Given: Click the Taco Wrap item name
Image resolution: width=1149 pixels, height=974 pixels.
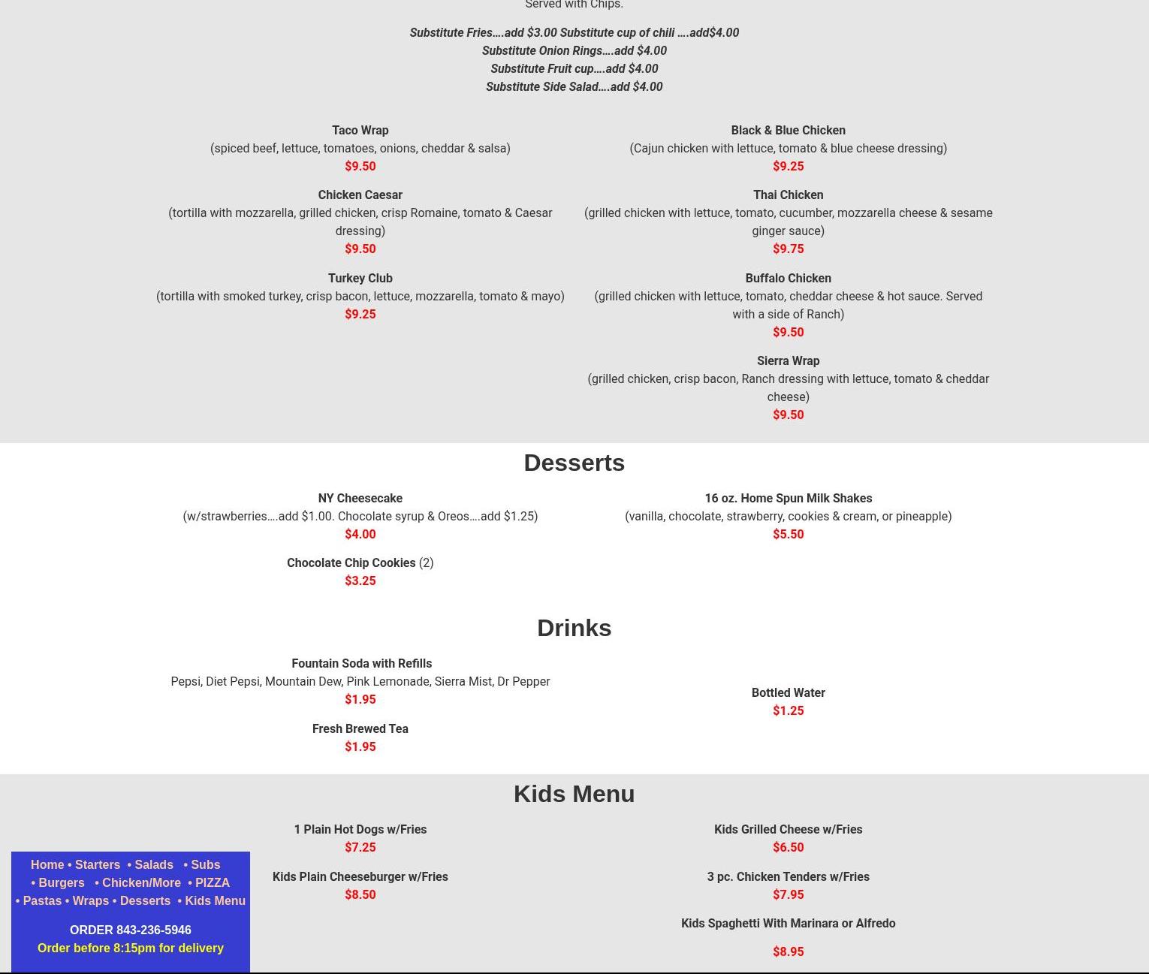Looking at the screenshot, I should [360, 130].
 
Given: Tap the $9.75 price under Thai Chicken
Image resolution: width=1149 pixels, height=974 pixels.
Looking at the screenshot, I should [788, 249].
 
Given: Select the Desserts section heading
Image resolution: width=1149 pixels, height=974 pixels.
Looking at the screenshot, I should [574, 463].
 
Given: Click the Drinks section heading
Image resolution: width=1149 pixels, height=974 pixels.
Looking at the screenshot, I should [574, 628].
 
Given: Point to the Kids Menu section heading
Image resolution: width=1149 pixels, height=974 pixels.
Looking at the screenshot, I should [574, 794].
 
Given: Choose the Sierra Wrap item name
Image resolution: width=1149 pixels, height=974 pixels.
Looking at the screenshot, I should [788, 360].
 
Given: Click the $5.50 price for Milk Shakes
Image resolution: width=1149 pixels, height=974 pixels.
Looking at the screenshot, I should [788, 534].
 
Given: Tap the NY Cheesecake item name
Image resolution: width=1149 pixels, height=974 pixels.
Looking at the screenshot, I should [360, 498].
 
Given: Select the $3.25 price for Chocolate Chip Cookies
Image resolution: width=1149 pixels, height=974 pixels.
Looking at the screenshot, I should [360, 580].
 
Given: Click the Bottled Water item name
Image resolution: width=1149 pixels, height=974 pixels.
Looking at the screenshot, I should [788, 692].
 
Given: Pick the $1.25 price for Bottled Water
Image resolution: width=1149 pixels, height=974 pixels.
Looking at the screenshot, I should [788, 710].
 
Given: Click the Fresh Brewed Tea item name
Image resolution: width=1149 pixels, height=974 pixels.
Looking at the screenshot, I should [360, 728].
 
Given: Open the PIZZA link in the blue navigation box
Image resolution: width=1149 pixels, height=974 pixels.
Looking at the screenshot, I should [212, 882].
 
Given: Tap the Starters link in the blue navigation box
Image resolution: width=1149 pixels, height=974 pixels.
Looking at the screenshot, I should [98, 864].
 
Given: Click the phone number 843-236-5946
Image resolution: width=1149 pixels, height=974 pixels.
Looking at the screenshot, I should [153, 930].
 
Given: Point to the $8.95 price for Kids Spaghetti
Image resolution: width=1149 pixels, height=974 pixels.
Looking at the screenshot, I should [788, 951].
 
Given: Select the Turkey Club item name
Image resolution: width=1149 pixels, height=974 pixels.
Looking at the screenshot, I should [360, 278].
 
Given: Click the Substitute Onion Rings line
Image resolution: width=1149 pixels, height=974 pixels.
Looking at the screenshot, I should [574, 50].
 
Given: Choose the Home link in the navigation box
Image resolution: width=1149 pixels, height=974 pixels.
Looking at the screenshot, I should [47, 864].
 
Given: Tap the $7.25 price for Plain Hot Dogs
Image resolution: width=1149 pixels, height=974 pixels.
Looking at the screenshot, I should [360, 847].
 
